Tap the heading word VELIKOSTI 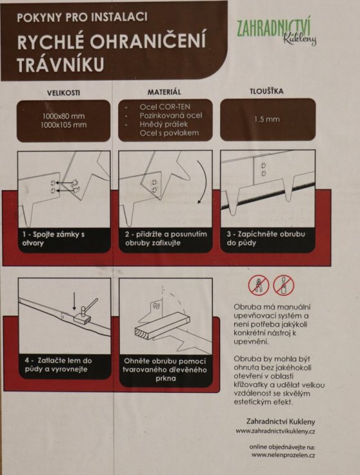point(63,93)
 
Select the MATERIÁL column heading point(164,92)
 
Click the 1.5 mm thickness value point(267,119)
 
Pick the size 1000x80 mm point(64,116)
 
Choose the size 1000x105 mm point(64,125)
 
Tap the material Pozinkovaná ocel point(169,115)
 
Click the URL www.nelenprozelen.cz point(283,454)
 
